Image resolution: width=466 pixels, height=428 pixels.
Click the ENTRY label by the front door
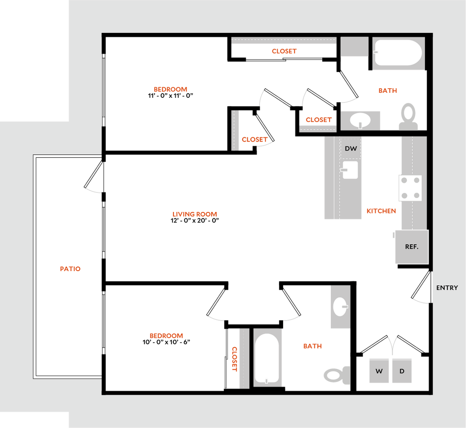click(447, 287)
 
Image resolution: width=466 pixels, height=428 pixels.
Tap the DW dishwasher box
click(351, 148)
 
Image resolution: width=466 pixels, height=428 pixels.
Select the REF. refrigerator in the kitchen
click(412, 247)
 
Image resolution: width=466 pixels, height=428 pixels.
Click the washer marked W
click(379, 371)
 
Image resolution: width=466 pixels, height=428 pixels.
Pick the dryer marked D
click(402, 371)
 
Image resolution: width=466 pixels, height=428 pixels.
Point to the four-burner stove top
click(410, 188)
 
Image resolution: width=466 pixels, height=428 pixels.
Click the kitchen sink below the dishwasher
click(350, 170)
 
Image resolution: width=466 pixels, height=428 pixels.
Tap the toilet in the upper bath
click(408, 117)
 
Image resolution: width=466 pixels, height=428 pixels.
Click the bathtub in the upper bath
click(398, 53)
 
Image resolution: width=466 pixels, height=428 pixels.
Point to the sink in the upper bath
click(360, 121)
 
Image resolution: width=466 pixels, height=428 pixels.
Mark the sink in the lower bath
click(340, 307)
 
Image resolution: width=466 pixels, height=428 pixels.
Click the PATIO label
click(70, 269)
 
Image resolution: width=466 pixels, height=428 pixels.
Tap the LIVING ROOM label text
click(195, 214)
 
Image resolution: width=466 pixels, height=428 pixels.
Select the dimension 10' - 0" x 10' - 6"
click(167, 342)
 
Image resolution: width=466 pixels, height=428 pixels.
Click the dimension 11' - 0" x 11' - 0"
click(171, 96)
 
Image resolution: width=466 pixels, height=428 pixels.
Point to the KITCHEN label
click(381, 211)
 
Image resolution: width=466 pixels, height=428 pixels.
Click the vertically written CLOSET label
click(234, 359)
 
